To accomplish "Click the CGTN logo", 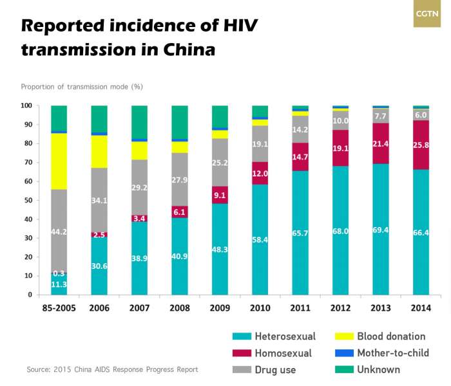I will (427, 14).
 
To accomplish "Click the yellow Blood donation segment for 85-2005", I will (59, 161).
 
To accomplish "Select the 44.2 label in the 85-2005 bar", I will (59, 232).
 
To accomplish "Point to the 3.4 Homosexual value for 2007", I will (139, 219).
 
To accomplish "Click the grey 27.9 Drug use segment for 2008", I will (179, 179).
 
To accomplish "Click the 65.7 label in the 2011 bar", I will (300, 232).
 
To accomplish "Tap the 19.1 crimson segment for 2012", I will (340, 148).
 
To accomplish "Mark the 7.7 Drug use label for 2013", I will (381, 115).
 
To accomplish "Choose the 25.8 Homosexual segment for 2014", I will (421, 145).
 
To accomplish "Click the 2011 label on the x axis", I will (300, 308).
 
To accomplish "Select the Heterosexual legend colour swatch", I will (242, 336).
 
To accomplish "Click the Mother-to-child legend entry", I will (391, 353).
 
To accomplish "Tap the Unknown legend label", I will (378, 369).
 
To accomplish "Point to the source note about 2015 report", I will (112, 370).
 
